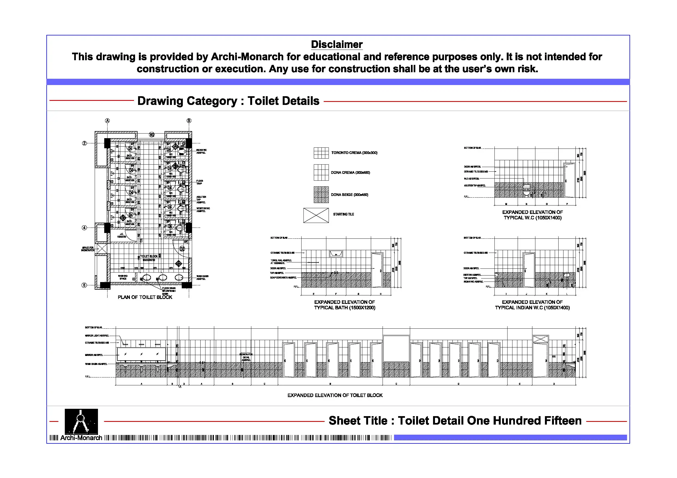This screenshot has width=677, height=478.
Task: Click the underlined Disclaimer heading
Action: pos(336,44)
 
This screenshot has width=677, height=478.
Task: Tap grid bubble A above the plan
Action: pos(107,120)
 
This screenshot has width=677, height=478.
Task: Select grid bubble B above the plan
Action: pos(189,120)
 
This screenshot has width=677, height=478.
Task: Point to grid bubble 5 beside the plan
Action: pos(84,285)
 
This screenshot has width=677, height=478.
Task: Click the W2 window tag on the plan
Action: pos(151,135)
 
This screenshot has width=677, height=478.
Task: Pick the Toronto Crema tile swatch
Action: pos(321,153)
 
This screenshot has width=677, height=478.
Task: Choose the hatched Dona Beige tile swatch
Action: pos(321,195)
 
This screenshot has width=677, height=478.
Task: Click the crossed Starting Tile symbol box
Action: pos(316,215)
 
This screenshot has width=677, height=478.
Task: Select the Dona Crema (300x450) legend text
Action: pos(350,173)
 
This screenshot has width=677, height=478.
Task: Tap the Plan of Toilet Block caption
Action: pos(145,297)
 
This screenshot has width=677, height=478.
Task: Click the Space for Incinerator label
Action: pos(88,249)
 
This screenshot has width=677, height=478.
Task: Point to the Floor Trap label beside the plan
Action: pos(200,182)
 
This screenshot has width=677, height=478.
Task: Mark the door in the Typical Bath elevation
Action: pos(377,270)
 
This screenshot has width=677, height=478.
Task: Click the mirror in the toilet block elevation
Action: pos(142,354)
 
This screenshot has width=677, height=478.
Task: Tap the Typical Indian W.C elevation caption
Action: pos(532,305)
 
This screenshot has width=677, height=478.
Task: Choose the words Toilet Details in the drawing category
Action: pos(283,101)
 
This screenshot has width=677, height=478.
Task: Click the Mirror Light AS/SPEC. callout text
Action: pos(97,335)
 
